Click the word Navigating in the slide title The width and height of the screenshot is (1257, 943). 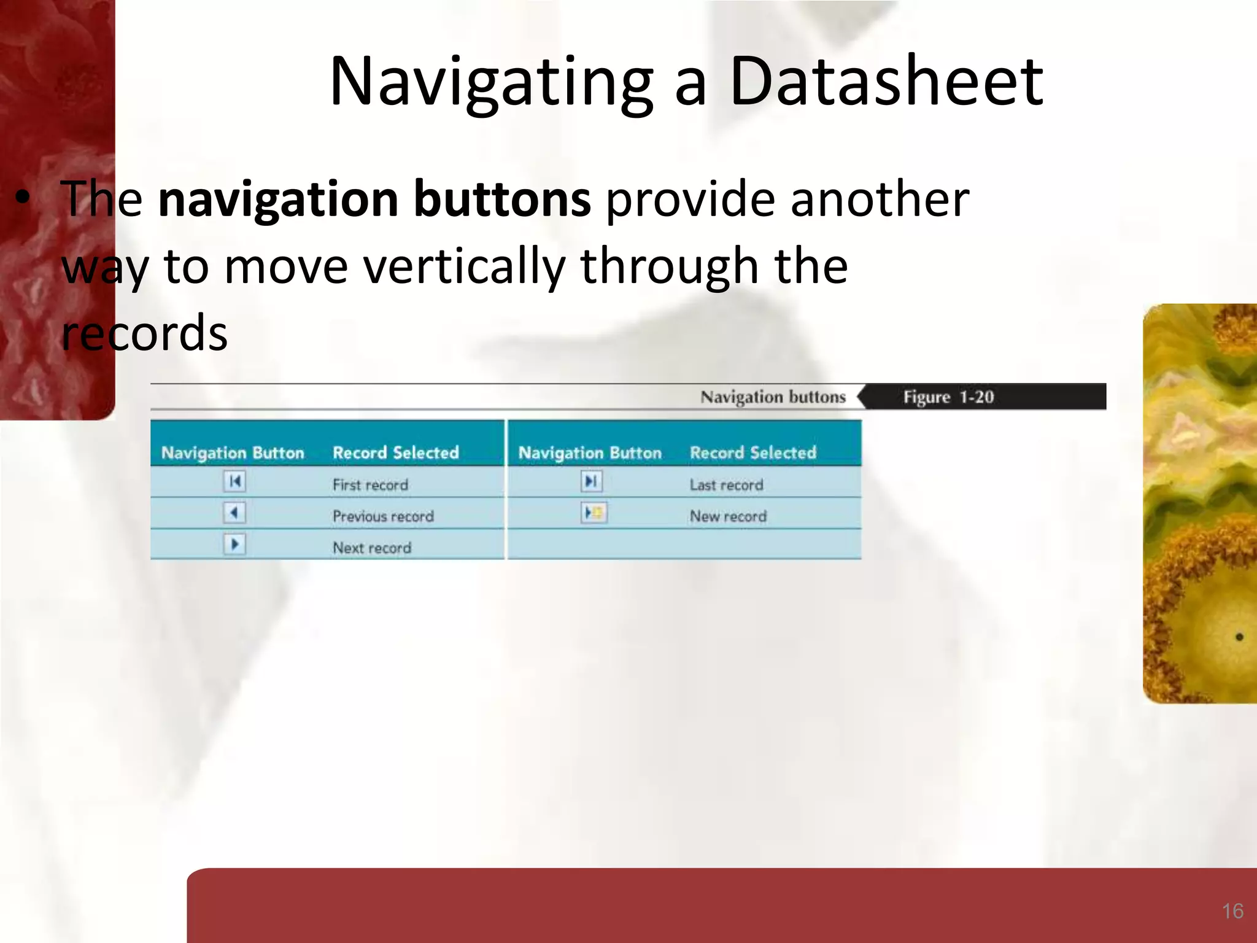[x=491, y=83]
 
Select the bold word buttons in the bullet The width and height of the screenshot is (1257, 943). [x=502, y=199]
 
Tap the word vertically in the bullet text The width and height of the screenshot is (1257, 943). [x=463, y=266]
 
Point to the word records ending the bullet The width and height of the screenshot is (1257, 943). [x=145, y=333]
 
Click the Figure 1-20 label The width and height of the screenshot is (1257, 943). [x=948, y=397]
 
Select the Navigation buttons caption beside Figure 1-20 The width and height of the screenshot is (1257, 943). [x=773, y=397]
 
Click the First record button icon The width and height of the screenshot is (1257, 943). [x=234, y=481]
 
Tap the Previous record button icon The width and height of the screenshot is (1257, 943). [x=234, y=513]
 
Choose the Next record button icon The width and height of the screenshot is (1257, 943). [x=234, y=544]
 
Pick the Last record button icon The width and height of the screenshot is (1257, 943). [x=591, y=481]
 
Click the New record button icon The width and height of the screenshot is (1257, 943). [x=594, y=513]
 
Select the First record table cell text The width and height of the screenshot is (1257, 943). [x=370, y=485]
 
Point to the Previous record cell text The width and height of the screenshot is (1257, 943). [x=383, y=516]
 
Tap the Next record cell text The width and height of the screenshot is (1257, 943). [x=372, y=548]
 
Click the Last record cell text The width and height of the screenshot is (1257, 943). [x=726, y=485]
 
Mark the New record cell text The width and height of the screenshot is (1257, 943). [x=728, y=516]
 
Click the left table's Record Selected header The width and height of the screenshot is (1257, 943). [x=396, y=453]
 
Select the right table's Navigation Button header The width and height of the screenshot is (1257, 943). [x=590, y=453]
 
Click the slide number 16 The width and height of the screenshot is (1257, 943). [x=1232, y=911]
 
